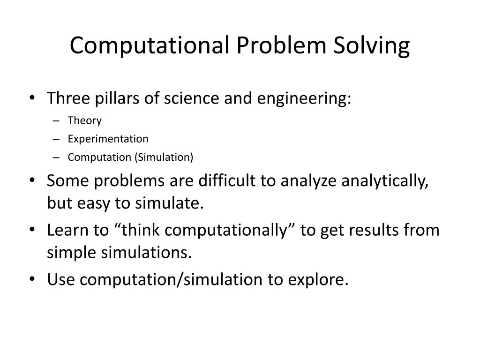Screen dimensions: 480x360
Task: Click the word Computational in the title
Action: point(150,45)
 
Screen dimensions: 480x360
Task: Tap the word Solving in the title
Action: point(371,46)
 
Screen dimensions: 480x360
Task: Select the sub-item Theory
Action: point(84,120)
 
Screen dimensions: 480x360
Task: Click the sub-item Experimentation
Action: point(108,139)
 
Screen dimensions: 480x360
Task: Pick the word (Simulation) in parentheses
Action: point(164,157)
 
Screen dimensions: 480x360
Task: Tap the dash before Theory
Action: point(56,121)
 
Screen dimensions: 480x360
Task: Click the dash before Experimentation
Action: point(56,140)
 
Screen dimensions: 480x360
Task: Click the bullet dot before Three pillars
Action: point(32,98)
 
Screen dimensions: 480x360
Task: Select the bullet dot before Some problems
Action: point(32,180)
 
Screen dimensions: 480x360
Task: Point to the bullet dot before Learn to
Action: point(32,230)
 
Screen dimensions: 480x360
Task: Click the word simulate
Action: point(170,203)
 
